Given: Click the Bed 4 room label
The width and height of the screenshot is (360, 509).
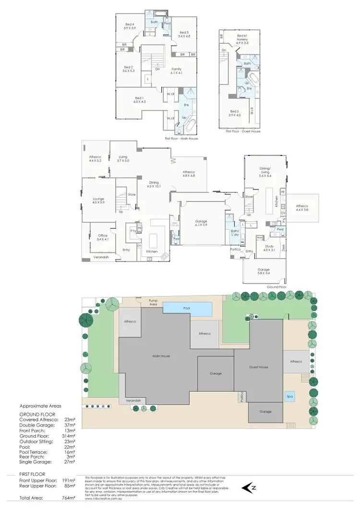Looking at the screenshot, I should click(x=130, y=24).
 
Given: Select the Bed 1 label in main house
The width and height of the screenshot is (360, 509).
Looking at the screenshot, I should click(x=139, y=97).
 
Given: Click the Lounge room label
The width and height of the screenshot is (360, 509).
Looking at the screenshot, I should click(x=98, y=198).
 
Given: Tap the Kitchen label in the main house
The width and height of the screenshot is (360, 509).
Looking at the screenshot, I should click(x=152, y=251).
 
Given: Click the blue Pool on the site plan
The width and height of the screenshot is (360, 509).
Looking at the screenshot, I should click(x=187, y=308).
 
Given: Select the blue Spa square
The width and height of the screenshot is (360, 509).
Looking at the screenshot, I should click(x=289, y=397).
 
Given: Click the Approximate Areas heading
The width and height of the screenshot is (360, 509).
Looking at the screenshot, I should click(x=40, y=405).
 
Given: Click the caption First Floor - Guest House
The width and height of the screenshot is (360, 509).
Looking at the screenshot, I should click(x=243, y=131).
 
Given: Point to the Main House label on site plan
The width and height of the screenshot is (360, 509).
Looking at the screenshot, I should click(x=162, y=356).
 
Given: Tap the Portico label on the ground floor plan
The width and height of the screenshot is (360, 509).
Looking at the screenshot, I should click(x=235, y=249).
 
